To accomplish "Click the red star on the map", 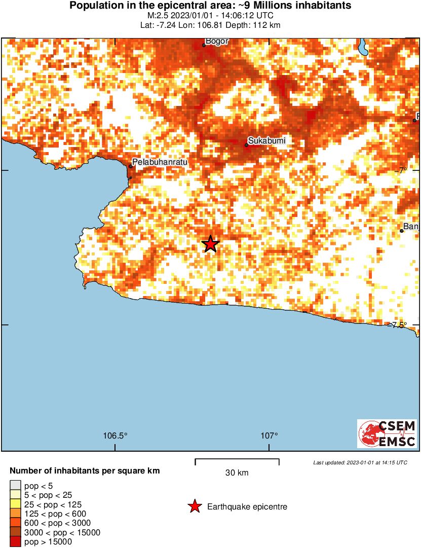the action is (210, 244).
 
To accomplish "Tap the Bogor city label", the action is (217, 41).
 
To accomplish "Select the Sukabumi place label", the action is (264, 140).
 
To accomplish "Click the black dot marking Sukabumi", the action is (247, 145).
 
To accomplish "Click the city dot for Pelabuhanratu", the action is (131, 166).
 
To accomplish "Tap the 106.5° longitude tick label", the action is (115, 435).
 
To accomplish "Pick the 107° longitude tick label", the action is (270, 435).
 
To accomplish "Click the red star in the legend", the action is (194, 506).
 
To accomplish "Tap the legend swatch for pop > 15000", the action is (16, 542).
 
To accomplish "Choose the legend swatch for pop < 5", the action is (16, 486).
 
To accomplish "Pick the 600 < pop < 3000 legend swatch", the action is (16, 523).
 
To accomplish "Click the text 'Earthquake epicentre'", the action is (247, 507).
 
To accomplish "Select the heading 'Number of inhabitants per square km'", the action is (85, 471).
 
